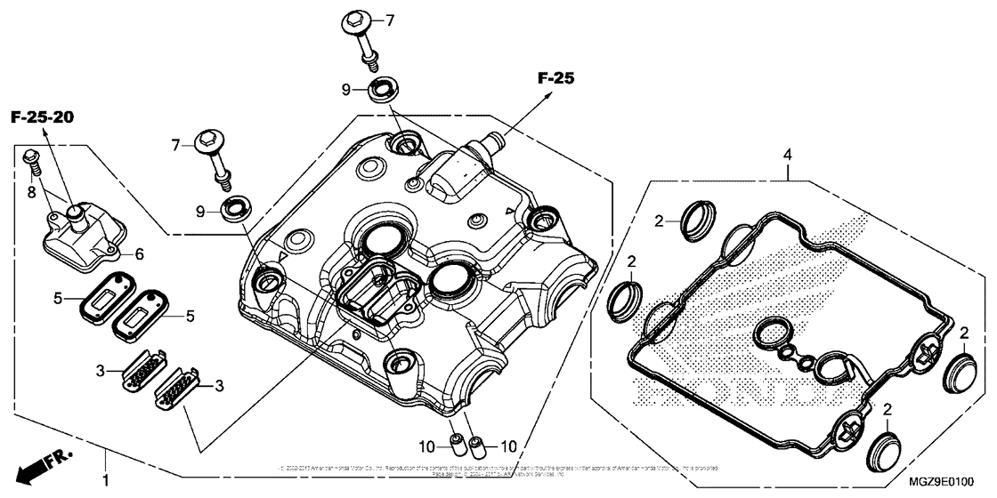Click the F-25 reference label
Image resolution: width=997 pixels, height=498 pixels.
click(x=555, y=79)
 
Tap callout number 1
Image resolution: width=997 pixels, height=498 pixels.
click(x=107, y=481)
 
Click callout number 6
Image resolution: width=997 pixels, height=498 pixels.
click(x=138, y=253)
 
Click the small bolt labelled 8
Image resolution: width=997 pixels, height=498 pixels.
click(x=30, y=160)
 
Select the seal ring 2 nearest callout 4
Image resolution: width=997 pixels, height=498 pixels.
click(x=694, y=219)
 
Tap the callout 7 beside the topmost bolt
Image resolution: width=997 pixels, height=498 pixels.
click(x=388, y=19)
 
